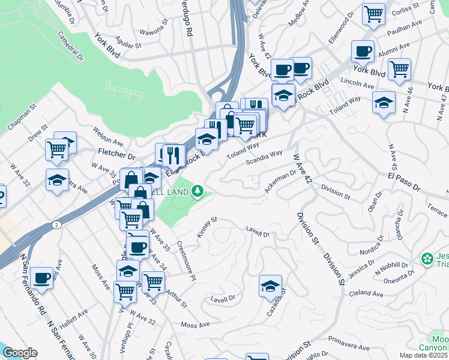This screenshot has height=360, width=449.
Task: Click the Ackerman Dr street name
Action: (281, 182)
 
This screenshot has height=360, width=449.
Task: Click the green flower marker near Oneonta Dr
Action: (427, 259)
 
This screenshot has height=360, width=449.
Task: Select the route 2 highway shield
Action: (55, 224)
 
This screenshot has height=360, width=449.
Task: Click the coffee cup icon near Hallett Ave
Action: (42, 277)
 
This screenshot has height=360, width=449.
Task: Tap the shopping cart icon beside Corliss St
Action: (373, 14)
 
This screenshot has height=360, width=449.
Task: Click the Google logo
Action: (20, 352)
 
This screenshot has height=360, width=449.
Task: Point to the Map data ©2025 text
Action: (424, 355)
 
